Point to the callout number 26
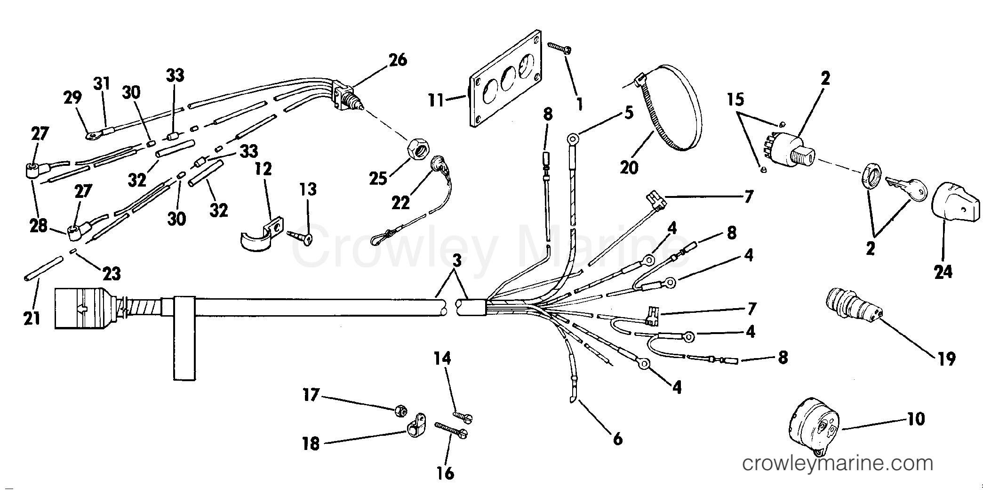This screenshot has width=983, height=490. pyautogui.click(x=397, y=60)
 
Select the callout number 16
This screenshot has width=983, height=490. pyautogui.click(x=445, y=473)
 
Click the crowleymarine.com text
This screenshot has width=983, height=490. pyautogui.click(x=837, y=464)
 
